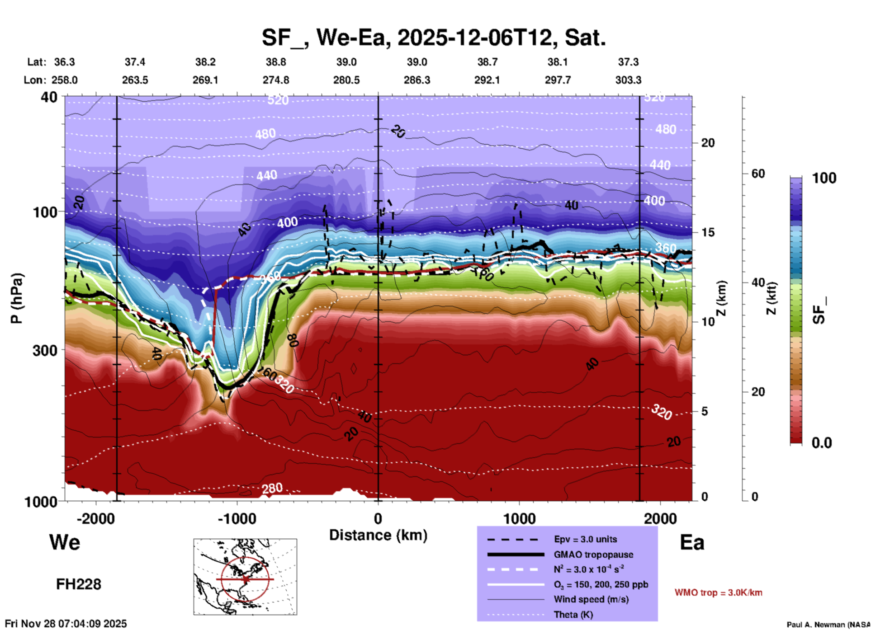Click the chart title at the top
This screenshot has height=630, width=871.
coord(433,38)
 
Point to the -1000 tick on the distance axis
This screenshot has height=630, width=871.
coord(237,518)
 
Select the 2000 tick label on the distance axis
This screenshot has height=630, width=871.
coord(660,518)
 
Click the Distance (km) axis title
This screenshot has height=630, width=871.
coord(378,535)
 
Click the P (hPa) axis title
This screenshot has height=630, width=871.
coord(17,298)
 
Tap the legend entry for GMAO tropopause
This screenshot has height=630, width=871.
coord(593,555)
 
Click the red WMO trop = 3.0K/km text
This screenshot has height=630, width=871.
coord(718,592)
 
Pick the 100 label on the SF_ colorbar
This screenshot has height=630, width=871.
coord(824,178)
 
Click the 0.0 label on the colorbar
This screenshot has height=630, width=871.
coord(822,443)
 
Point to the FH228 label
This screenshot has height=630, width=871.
coord(79,584)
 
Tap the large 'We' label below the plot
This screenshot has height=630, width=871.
coord(65,542)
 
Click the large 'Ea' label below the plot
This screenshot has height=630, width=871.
coord(691,542)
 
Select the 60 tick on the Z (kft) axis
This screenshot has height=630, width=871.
coord(758,174)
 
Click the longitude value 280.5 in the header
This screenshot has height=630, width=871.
coord(346,80)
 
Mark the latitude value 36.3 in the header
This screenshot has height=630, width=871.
coord(65,62)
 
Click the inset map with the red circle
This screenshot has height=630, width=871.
coord(245,577)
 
